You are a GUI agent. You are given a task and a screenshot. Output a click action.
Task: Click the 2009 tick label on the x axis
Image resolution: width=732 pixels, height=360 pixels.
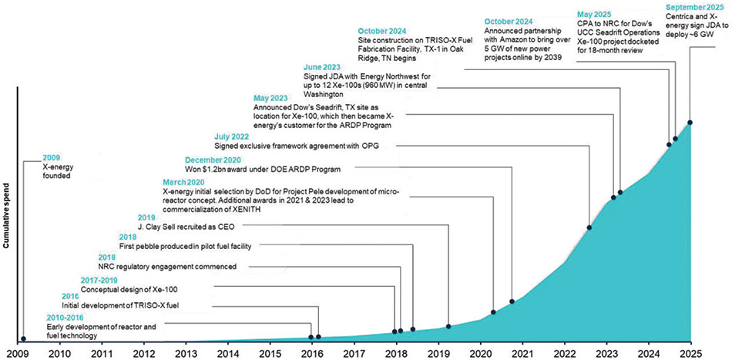pos(18,353)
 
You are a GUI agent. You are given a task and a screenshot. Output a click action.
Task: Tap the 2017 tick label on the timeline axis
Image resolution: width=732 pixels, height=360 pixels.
pos(354,353)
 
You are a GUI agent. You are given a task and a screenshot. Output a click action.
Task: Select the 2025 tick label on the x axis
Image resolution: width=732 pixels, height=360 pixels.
pos(690,353)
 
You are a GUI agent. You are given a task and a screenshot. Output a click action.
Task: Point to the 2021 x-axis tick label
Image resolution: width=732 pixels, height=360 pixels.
pos(522,353)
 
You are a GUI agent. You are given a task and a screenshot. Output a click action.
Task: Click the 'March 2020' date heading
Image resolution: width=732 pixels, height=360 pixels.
pos(185,181)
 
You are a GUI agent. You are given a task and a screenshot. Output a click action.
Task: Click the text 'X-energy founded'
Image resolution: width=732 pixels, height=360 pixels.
pos(56,170)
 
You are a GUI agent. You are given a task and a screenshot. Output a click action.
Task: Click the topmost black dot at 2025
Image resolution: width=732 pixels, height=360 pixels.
pos(690,123)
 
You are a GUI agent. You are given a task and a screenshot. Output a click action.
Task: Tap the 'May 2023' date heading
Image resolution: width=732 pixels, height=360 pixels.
pos(272,98)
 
